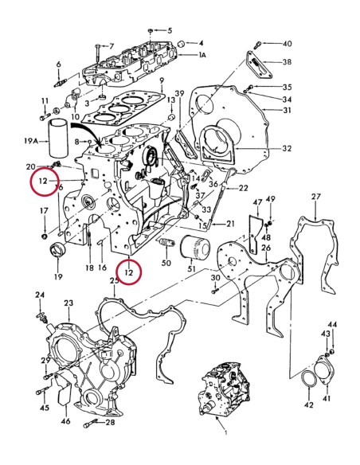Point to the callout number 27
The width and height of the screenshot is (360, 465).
click(315, 197)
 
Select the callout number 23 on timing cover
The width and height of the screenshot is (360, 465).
click(68, 303)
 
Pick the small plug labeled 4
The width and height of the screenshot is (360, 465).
click(182, 42)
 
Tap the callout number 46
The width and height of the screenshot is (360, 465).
click(65, 420)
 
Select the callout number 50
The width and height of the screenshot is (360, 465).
click(166, 263)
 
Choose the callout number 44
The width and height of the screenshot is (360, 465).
click(333, 325)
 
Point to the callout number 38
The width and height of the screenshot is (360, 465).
click(287, 61)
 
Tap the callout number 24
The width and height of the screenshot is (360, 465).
click(40, 295)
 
